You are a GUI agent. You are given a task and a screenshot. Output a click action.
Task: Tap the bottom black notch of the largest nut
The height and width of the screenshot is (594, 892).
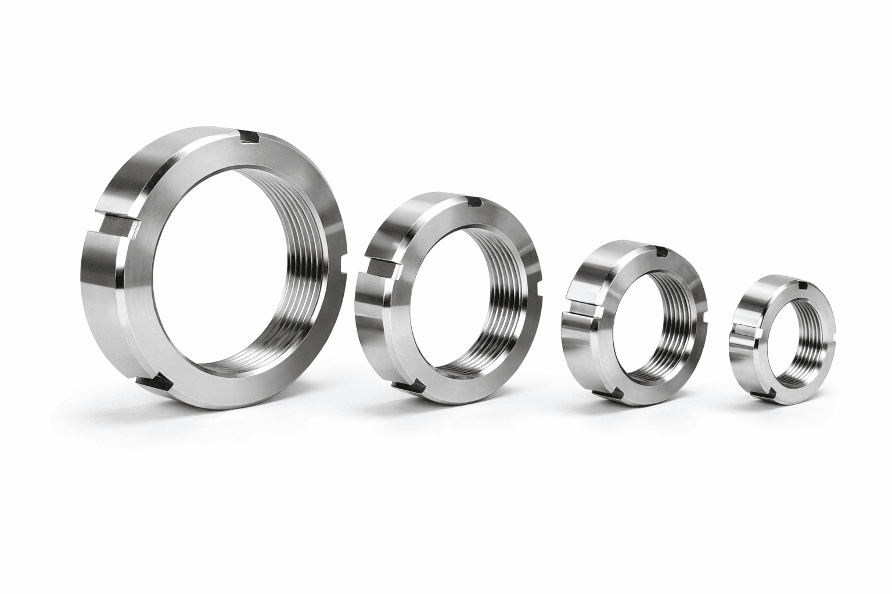click(x=154, y=382)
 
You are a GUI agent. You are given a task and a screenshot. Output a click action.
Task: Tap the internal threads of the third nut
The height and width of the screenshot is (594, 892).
click(x=679, y=313)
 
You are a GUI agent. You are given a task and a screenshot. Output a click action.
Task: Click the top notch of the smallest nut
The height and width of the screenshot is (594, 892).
click(x=804, y=285)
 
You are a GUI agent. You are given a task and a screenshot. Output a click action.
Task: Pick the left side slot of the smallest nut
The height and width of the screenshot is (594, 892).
click(x=744, y=332)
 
